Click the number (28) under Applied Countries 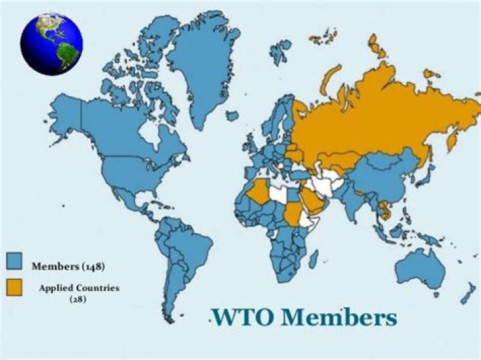click(79, 300)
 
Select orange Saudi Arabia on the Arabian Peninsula click(309, 200)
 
